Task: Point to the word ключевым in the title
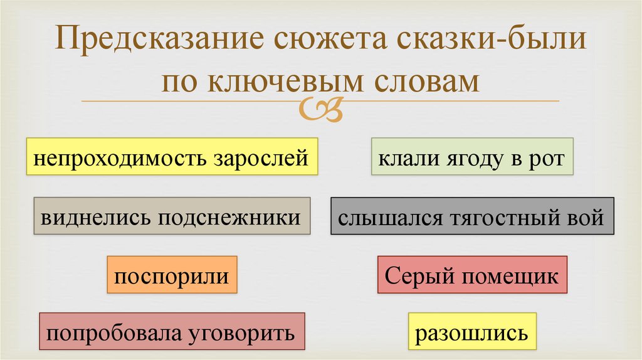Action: point(288,81)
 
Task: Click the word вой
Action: point(587,218)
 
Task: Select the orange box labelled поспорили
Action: point(172,275)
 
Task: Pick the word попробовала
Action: point(113,331)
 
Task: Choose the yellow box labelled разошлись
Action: point(471,331)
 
